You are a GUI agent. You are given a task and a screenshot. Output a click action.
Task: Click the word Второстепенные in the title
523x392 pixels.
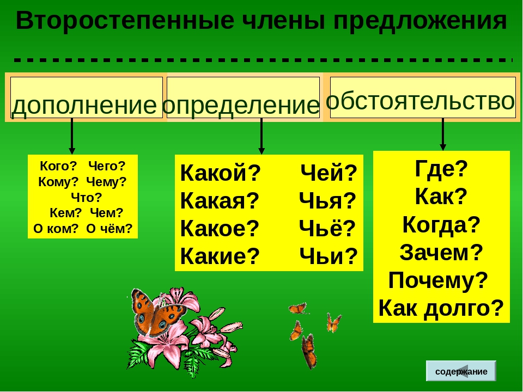pos(125,21)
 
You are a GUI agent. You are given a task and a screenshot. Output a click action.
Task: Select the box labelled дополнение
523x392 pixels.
pos(87,97)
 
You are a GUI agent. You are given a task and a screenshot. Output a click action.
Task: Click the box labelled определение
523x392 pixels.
pos(243,97)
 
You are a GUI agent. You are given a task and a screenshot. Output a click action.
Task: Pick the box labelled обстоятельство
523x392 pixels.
pos(423,97)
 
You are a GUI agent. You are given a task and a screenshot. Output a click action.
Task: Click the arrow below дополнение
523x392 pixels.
pos(72,136)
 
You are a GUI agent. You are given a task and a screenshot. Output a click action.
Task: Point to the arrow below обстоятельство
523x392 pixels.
pos(442,134)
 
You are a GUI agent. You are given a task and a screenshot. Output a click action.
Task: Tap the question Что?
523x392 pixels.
pos(87,198)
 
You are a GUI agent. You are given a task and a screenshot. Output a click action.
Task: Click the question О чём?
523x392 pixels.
pos(110,229)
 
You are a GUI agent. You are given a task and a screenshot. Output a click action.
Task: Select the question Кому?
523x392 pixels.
pos(58,182)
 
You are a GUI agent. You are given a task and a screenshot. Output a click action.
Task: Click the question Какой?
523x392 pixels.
pos(220,173)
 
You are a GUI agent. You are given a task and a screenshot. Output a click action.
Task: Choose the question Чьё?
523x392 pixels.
pos(327,228)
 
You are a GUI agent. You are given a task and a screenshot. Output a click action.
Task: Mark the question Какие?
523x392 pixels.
pos(220,256)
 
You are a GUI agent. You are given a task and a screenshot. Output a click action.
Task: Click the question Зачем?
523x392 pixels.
pos(441,252)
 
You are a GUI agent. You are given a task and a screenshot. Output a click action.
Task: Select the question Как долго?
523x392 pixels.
pos(441,308)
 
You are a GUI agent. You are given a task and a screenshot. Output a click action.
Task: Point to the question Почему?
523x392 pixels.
pos(438,280)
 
